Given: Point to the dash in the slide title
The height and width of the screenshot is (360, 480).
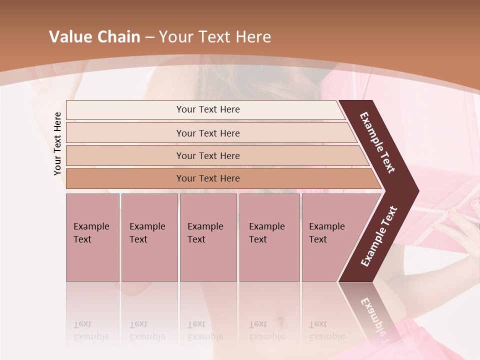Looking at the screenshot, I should click(149, 37).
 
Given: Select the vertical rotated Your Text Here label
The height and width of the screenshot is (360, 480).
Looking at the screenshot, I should click(57, 144).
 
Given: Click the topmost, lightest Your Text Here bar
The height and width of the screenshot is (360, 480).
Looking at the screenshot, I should click(207, 109).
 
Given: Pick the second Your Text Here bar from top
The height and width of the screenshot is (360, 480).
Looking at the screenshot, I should click(207, 133).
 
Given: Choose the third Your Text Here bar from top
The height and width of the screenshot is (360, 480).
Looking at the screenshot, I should click(207, 155).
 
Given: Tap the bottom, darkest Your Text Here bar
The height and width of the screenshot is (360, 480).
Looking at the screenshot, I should click(207, 178).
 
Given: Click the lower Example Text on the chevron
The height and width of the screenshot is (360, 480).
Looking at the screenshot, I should click(379, 236).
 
